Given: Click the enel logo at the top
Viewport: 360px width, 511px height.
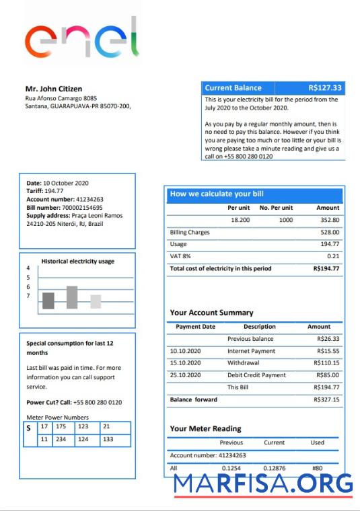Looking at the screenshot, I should pyautogui.click(x=81, y=38).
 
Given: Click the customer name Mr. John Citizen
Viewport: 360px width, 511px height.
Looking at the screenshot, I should pyautogui.click(x=55, y=89).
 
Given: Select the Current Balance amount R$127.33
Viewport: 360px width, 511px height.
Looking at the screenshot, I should pyautogui.click(x=325, y=88).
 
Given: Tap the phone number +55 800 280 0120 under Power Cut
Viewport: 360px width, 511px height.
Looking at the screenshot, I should pyautogui.click(x=98, y=402).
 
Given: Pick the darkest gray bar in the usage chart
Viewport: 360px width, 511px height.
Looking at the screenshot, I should pyautogui.click(x=48, y=301).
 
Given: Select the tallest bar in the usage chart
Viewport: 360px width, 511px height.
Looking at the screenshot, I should pyautogui.click(x=72, y=297).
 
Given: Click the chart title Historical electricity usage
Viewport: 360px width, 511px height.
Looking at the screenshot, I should pyautogui.click(x=77, y=261).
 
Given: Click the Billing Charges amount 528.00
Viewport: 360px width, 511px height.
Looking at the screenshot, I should pyautogui.click(x=329, y=232).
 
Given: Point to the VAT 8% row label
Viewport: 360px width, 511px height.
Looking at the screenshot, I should pyautogui.click(x=180, y=256).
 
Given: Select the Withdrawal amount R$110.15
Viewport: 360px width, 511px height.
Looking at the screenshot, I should pyautogui.click(x=326, y=363).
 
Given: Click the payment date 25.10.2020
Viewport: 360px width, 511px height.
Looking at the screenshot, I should pyautogui.click(x=186, y=375).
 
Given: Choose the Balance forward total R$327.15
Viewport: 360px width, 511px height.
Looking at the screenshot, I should pyautogui.click(x=326, y=399).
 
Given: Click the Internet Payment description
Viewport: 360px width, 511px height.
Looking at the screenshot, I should pyautogui.click(x=251, y=351).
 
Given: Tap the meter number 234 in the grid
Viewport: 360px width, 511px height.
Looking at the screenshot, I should pyautogui.click(x=61, y=439).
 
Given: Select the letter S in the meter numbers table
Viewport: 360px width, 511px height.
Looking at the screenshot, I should pyautogui.click(x=29, y=428).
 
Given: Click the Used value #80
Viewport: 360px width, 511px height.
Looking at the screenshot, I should pyautogui.click(x=318, y=467).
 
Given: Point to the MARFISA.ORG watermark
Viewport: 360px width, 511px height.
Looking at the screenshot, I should pyautogui.click(x=263, y=483).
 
